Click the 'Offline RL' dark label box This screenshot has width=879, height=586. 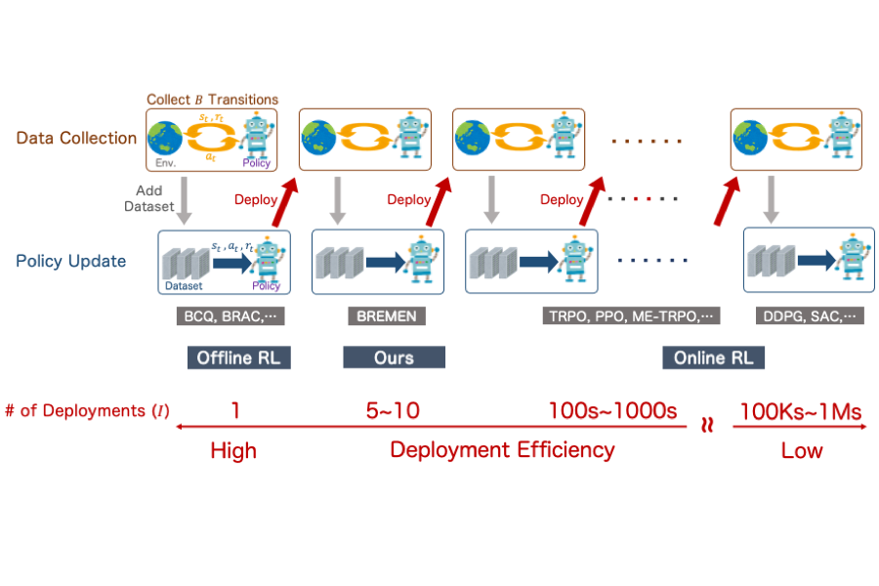click(239, 357)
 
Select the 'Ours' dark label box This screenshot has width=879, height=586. click(394, 357)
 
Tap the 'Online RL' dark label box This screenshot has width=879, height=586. click(713, 357)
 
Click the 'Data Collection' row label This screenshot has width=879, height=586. click(76, 138)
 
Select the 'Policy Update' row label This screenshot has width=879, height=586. click(71, 261)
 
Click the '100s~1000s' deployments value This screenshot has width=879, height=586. click(613, 410)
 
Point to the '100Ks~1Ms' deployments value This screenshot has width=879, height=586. click(801, 410)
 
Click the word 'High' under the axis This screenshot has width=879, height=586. click(233, 450)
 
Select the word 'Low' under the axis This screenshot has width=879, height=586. click(802, 450)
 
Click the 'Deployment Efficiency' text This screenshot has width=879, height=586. click(502, 449)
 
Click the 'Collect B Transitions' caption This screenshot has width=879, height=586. click(212, 100)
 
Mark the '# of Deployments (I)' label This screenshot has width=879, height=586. click(87, 411)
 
